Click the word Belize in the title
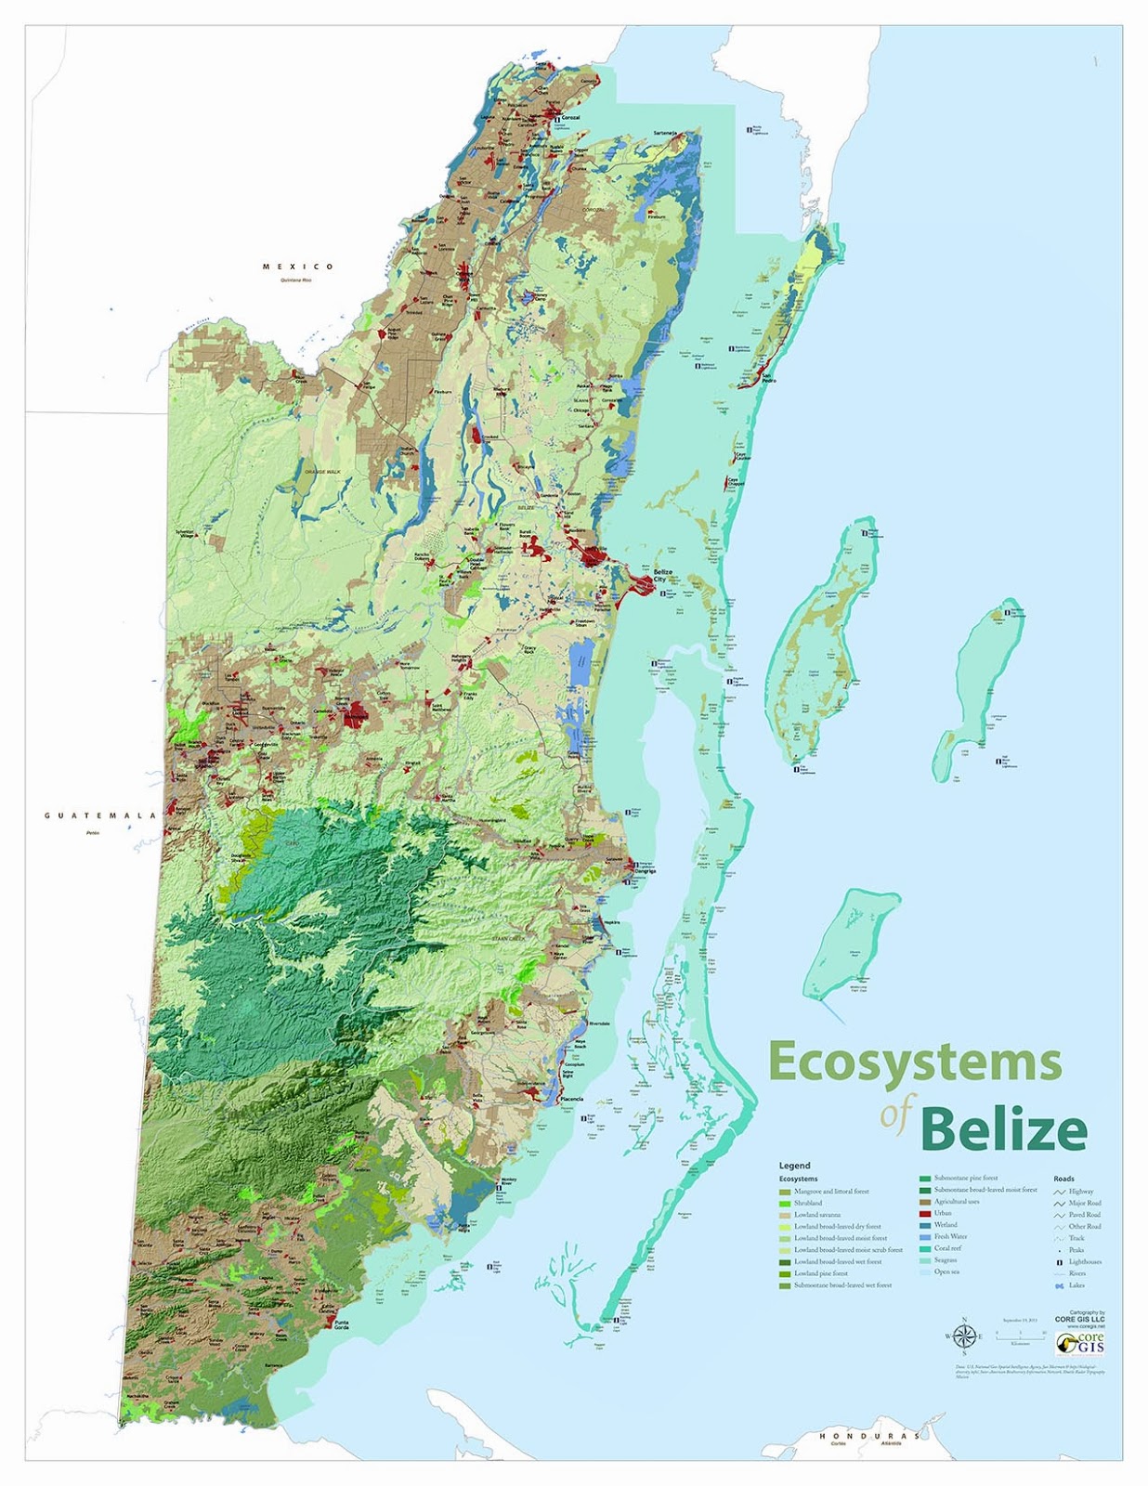1003,1128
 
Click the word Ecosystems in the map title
915,1062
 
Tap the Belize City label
662,575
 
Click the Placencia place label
572,1099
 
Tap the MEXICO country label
297,267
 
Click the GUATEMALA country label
100,815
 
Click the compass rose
964,1336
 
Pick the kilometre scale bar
1020,1334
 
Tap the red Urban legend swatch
925,1213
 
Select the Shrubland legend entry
807,1203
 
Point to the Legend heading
794,1165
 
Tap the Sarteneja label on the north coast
665,133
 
